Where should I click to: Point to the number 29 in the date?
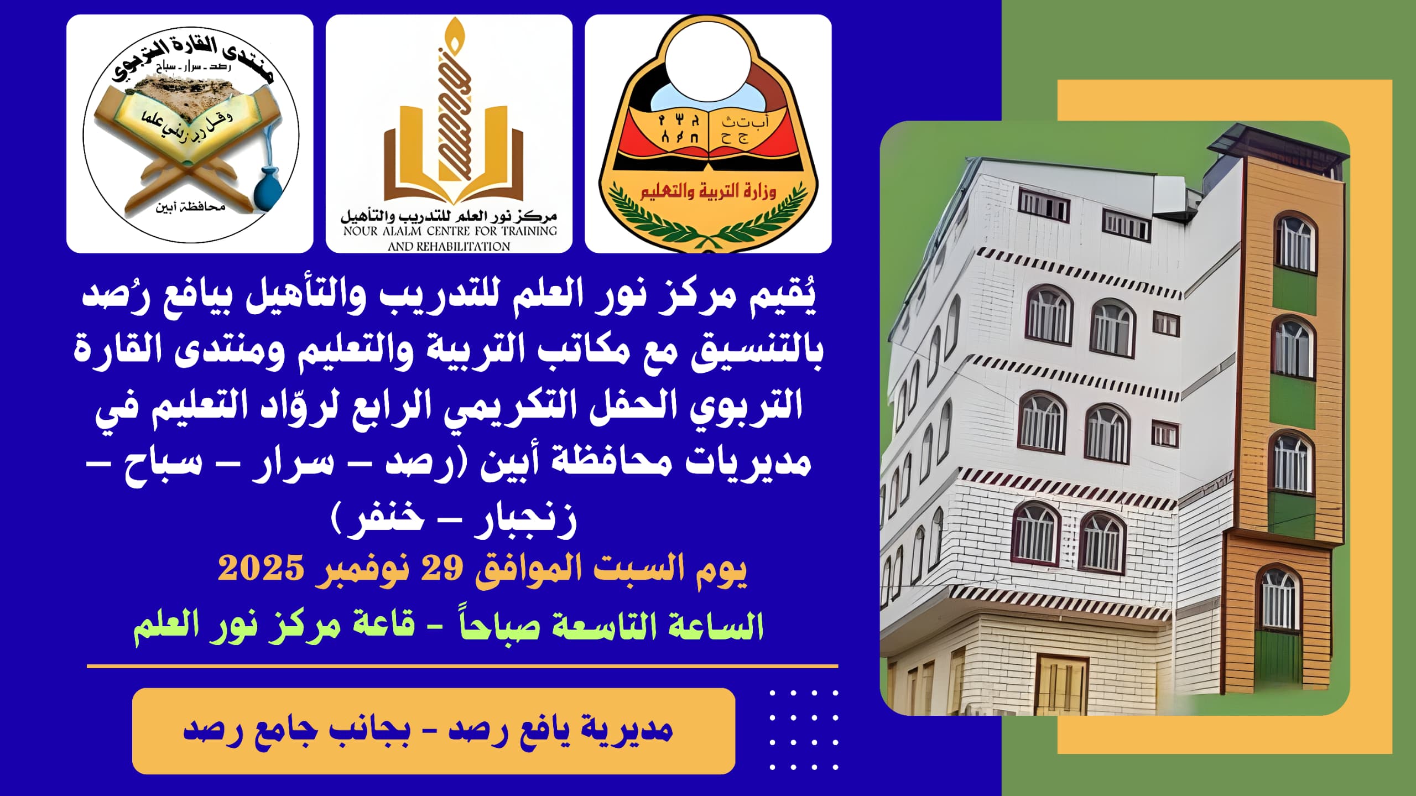click(x=442, y=568)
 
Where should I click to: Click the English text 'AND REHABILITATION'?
click(x=449, y=246)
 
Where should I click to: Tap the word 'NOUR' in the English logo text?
click(x=361, y=231)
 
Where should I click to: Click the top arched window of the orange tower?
click(x=1295, y=243)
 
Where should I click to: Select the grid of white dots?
click(x=804, y=730)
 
